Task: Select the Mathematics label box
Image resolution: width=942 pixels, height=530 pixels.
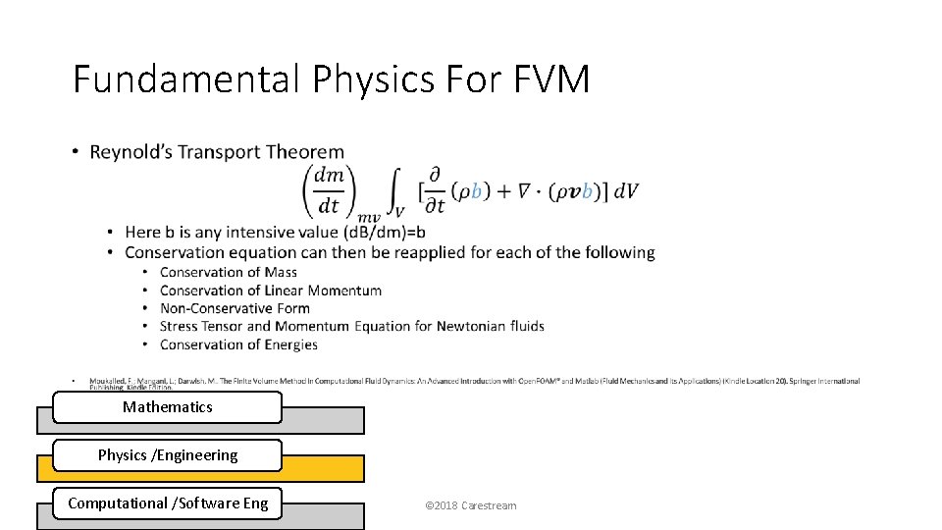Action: pyautogui.click(x=167, y=407)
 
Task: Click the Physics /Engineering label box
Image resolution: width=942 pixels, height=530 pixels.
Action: pyautogui.click(x=167, y=455)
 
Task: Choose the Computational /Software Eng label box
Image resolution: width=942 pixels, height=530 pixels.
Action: pyautogui.click(x=167, y=503)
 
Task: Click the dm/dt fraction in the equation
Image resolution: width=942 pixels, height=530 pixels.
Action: pyautogui.click(x=329, y=190)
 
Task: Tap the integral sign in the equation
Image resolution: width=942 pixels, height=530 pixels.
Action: pyautogui.click(x=395, y=191)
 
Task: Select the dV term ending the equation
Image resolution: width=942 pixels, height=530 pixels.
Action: pyautogui.click(x=626, y=191)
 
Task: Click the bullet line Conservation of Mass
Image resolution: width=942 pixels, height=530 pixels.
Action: pyautogui.click(x=228, y=272)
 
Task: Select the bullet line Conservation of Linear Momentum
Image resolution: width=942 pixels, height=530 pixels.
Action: pyautogui.click(x=270, y=291)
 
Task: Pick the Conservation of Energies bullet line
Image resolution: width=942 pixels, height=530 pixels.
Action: pyautogui.click(x=238, y=344)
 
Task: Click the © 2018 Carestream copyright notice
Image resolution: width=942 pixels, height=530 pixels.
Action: pyautogui.click(x=470, y=505)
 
